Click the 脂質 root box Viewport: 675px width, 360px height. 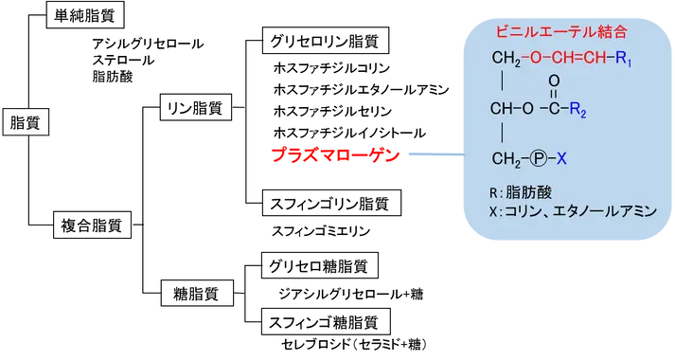26,123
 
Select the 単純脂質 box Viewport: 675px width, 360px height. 85,15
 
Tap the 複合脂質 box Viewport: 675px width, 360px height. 92,225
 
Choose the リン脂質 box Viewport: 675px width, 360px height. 195,107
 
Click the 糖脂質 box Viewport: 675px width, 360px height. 197,294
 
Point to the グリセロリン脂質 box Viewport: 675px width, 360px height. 326,41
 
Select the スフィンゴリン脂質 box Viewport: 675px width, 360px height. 331,203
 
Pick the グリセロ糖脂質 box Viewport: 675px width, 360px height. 320,265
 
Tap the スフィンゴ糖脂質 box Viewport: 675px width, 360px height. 326,321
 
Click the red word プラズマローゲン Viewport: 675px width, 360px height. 336,154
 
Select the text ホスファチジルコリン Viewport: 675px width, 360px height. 331,68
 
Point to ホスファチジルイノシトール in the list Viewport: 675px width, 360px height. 349,133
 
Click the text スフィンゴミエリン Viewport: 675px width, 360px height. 321,231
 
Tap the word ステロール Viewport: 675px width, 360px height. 123,60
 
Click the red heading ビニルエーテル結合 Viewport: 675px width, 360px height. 561,31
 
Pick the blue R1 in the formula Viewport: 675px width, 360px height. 623,59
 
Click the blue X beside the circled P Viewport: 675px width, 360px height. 561,159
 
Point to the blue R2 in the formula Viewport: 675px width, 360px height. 577,110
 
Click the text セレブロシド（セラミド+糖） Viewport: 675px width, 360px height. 354,344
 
